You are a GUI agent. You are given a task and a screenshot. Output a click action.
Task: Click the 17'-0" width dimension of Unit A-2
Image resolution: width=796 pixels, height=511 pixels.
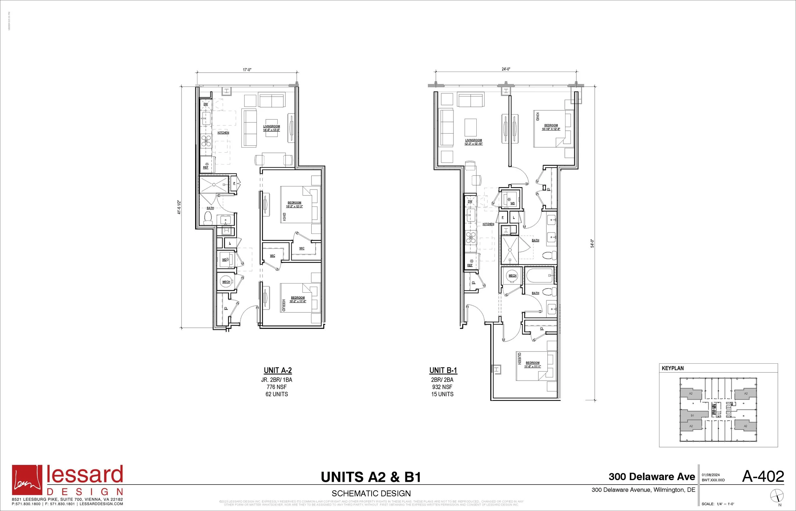click(x=247, y=70)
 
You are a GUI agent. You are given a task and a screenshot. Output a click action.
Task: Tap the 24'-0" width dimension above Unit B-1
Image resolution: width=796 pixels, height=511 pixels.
click(x=506, y=69)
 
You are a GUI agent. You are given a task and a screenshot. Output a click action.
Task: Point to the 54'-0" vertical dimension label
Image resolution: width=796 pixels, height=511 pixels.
click(x=592, y=243)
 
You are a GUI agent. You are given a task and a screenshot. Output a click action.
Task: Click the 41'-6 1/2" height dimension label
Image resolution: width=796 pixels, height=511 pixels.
click(x=179, y=207)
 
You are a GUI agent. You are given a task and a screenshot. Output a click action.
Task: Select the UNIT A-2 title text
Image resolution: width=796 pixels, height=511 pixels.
click(x=278, y=370)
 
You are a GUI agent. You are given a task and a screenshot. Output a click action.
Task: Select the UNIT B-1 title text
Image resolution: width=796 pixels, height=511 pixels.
click(x=443, y=370)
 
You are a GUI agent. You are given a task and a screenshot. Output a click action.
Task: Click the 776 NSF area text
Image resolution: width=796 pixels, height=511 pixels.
click(x=276, y=387)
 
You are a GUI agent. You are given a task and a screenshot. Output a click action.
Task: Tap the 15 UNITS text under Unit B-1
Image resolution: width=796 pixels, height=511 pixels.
click(x=442, y=394)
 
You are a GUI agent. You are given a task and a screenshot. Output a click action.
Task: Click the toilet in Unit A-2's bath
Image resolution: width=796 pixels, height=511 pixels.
click(x=208, y=217)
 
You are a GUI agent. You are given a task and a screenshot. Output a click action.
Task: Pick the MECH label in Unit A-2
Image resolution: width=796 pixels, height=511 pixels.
click(x=226, y=282)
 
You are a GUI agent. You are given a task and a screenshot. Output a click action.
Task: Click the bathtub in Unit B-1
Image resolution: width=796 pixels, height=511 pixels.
click(x=539, y=276)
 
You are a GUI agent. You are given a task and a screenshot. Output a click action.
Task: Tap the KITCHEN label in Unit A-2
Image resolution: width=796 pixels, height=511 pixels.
click(x=223, y=133)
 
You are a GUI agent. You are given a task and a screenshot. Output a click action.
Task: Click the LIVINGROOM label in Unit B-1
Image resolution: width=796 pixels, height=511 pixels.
click(x=473, y=140)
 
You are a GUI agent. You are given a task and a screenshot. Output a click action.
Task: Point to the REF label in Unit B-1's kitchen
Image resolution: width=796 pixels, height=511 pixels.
click(x=470, y=265)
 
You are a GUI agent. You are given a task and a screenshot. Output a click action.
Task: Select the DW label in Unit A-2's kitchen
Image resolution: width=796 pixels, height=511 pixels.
click(x=205, y=104)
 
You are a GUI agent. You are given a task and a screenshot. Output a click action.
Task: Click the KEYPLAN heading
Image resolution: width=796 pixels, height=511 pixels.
click(x=672, y=368)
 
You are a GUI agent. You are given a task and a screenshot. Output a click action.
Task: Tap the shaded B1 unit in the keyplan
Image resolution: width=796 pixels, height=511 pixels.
click(x=692, y=416)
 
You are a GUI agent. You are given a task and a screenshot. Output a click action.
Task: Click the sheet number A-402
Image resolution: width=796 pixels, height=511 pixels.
click(x=763, y=477)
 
